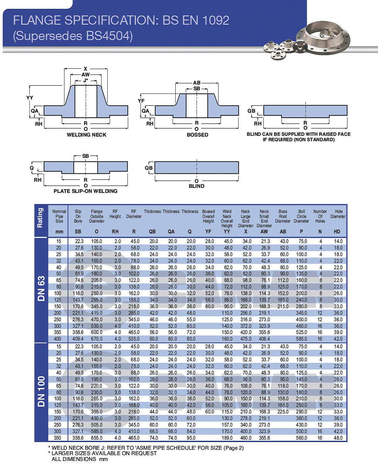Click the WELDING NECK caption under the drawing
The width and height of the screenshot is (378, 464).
[x=86, y=135]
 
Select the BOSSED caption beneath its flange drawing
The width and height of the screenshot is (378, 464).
[x=197, y=135]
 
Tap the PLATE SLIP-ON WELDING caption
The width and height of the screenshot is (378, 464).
[x=85, y=191]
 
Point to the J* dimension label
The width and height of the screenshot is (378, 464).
[x=86, y=80]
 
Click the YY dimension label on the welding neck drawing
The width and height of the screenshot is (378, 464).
[x=30, y=98]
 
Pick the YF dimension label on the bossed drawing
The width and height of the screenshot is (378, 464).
[x=141, y=100]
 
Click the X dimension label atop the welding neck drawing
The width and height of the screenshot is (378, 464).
[x=86, y=69]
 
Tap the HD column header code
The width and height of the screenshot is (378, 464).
[x=339, y=232]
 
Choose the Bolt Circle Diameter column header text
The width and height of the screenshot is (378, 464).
[x=302, y=216]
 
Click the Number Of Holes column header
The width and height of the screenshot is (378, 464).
[x=320, y=216]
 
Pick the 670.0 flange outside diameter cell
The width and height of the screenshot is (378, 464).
[x=97, y=339]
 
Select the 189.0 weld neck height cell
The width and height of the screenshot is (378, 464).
[x=227, y=438]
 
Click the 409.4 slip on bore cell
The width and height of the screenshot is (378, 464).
[x=78, y=339]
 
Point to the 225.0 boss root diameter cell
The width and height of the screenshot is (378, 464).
[x=283, y=412]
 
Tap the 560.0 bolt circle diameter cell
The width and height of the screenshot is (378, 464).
[x=302, y=438]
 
